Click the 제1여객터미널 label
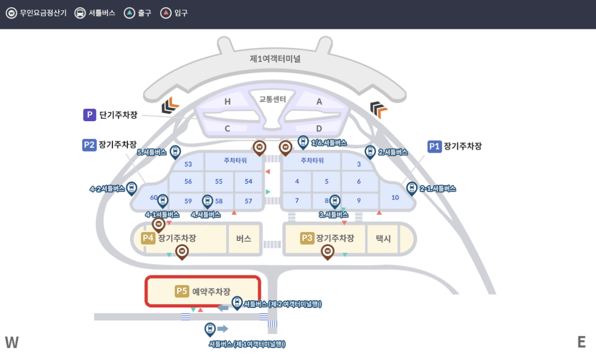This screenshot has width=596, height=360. pyautogui.click(x=275, y=59)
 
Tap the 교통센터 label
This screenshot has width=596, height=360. pyautogui.click(x=272, y=99)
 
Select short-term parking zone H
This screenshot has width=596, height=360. pyautogui.click(x=227, y=102)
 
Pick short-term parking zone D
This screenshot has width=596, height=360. pyautogui.click(x=319, y=128)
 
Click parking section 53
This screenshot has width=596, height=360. pyautogui.click(x=188, y=164)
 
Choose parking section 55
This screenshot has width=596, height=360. pyautogui.click(x=219, y=181)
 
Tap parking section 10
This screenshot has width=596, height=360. pyautogui.click(x=395, y=198)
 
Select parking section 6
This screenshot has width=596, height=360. pyautogui.click(x=359, y=181)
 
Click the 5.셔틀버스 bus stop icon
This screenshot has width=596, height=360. pyautogui.click(x=175, y=152)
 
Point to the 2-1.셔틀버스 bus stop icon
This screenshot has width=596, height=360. pyautogui.click(x=411, y=188)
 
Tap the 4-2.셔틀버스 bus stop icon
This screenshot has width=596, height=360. pyautogui.click(x=131, y=188)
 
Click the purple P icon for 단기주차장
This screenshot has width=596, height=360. pyautogui.click(x=90, y=115)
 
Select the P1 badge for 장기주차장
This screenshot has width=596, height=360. pyautogui.click(x=435, y=146)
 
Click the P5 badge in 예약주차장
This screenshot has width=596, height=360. pyautogui.click(x=182, y=291)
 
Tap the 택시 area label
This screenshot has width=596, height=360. pyautogui.click(x=383, y=238)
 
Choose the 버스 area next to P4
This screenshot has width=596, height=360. pyautogui.click(x=243, y=238)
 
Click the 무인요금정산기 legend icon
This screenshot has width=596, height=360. pyautogui.click(x=11, y=13)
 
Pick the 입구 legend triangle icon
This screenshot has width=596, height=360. pyautogui.click(x=165, y=13)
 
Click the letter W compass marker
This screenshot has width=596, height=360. pyautogui.click(x=11, y=342)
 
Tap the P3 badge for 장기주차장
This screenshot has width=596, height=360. pyautogui.click(x=307, y=238)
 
